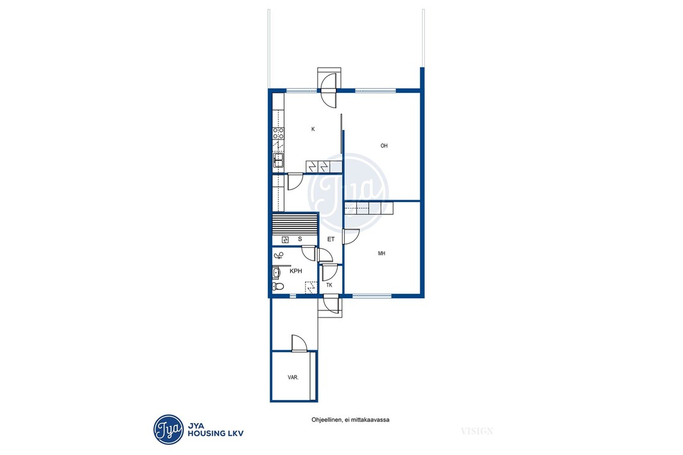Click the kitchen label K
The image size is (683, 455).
[313, 129]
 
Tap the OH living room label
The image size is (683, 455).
[384, 146]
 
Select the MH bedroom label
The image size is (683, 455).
[382, 253]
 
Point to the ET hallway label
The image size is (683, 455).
[331, 239]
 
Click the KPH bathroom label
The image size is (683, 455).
[296, 271]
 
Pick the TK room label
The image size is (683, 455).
[329, 285]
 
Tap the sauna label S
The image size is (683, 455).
[300, 239]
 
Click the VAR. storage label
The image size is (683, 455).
[293, 378]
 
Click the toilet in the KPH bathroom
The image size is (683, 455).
[278, 286]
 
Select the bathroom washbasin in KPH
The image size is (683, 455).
[276, 273]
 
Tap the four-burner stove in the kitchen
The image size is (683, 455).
[278, 134]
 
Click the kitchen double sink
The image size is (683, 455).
[278, 161]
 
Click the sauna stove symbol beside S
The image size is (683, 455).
[285, 240]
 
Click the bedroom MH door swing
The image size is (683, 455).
[351, 237]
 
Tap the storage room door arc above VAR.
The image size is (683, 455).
[299, 343]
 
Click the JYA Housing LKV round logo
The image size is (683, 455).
[169, 430]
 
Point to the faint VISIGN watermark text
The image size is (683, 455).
[477, 431]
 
